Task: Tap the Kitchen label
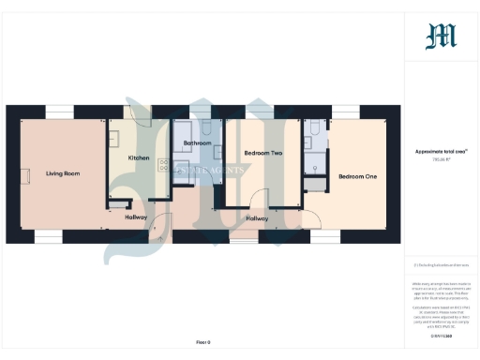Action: point(139,158)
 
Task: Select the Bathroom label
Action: point(197,143)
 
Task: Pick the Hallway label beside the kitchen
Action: point(137,217)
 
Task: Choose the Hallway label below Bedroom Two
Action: point(257,218)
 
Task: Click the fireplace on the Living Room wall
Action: point(26,175)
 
